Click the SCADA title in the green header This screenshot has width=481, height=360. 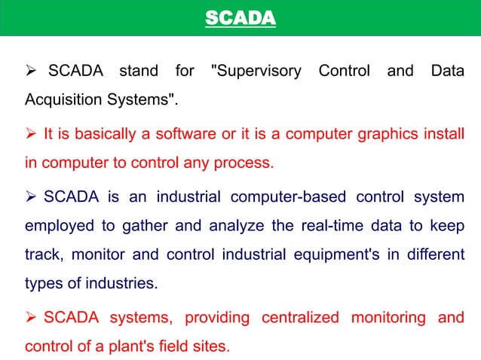click(240, 17)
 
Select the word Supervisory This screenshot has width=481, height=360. click(257, 72)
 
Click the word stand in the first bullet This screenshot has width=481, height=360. click(138, 72)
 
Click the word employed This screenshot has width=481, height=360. click(55, 227)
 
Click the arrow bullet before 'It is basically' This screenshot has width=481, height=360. click(32, 136)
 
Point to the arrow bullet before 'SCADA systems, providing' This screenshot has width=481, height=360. click(32, 317)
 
